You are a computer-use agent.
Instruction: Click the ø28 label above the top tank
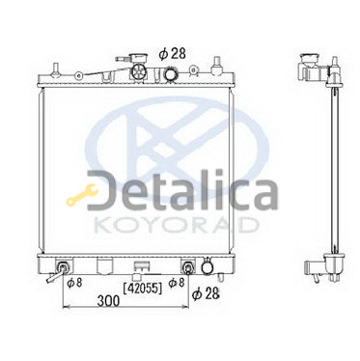[173, 53]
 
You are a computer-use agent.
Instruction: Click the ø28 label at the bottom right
[206, 293]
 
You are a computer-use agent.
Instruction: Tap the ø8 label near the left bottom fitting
[74, 282]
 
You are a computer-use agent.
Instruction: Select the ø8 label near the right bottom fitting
[177, 282]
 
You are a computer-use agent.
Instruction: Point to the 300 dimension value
[108, 301]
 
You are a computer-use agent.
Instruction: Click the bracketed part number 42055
[143, 289]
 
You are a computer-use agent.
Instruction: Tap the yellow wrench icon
[82, 194]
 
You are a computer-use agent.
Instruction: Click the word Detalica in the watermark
[182, 190]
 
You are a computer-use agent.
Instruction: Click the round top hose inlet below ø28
[170, 73]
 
